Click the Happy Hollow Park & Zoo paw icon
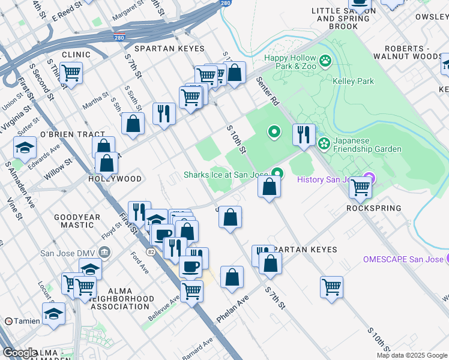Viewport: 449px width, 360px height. point(325,60)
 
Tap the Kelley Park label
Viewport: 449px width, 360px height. point(353,81)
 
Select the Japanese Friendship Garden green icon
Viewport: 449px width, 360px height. point(324,143)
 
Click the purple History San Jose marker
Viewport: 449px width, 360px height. point(369,179)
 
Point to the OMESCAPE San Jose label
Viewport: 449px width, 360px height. point(402,259)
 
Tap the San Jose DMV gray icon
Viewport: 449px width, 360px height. point(105,251)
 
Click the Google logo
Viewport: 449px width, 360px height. point(20,353)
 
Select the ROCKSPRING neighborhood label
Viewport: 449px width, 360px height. point(373,208)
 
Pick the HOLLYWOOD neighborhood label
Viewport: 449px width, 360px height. point(115,179)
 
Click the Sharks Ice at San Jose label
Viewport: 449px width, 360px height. point(225,175)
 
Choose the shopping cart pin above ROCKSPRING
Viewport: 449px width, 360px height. point(361,187)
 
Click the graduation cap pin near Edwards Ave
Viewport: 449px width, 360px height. point(25,147)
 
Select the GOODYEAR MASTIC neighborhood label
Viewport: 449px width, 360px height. point(74,221)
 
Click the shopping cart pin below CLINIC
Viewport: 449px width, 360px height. point(71,73)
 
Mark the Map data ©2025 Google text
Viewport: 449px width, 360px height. point(412,355)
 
